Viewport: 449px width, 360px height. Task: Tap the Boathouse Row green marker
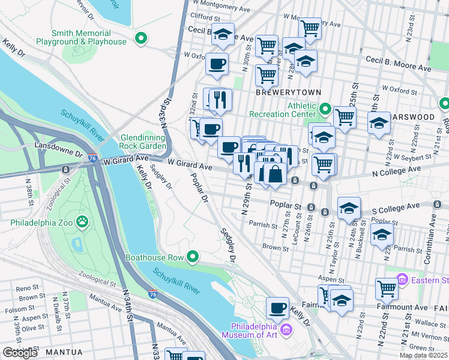pyautogui.click(x=192, y=257)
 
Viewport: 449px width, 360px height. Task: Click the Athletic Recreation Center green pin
pyautogui.click(x=325, y=109)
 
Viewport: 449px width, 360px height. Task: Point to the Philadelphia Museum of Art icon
pyautogui.click(x=286, y=329)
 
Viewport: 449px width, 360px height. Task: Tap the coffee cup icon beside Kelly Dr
pyautogui.click(x=277, y=308)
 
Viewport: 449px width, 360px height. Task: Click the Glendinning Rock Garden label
pyautogui.click(x=143, y=141)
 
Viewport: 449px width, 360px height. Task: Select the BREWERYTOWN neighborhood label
pyautogui.click(x=288, y=92)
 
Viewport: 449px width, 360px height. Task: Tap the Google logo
pyautogui.click(x=20, y=352)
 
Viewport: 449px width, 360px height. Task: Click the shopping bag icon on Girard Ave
pyautogui.click(x=275, y=174)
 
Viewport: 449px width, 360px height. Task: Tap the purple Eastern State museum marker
pyautogui.click(x=402, y=280)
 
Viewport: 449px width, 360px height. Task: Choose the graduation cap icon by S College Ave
pyautogui.click(x=349, y=208)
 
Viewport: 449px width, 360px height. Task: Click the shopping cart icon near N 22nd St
pyautogui.click(x=387, y=289)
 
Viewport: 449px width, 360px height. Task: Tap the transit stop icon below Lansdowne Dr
pyautogui.click(x=64, y=169)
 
